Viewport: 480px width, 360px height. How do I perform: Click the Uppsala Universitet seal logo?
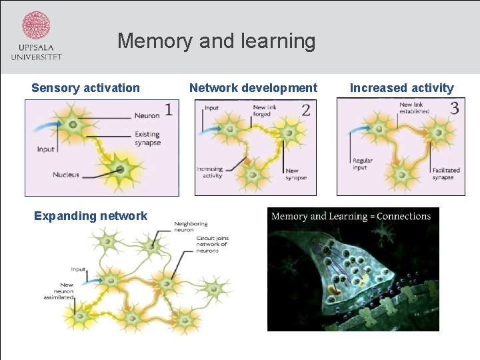pos(36,27)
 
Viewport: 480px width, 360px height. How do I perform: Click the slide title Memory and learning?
pos(216,41)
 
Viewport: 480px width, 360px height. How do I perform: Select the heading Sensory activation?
pos(85,88)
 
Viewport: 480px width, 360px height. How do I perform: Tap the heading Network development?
pos(253,88)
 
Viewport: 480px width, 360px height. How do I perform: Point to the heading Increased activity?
pos(401,88)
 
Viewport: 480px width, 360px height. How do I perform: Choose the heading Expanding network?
pos(90,215)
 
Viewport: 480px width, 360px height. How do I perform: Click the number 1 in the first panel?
pos(169,109)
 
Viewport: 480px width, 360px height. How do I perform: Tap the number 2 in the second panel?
pos(305,110)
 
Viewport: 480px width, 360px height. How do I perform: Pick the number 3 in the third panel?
pos(454,108)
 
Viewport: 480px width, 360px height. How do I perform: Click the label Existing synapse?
pos(147,139)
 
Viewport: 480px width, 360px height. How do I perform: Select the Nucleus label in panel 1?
pos(66,175)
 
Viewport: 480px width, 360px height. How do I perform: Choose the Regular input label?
pos(363,164)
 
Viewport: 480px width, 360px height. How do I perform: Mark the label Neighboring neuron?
pos(191,227)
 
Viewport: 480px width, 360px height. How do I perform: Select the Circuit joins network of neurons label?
pos(212,244)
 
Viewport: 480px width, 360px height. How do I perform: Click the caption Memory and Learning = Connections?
pos(351,216)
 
